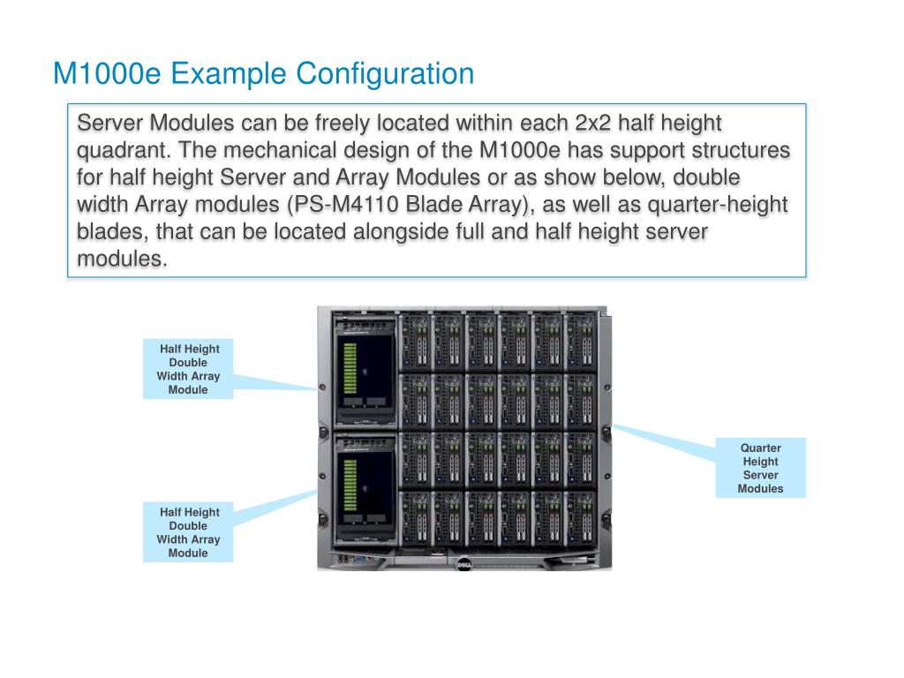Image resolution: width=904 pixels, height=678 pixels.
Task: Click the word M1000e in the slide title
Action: coord(107,73)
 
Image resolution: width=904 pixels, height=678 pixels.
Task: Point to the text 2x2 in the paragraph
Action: coord(599,122)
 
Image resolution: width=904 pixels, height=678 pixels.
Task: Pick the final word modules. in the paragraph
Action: coord(122,260)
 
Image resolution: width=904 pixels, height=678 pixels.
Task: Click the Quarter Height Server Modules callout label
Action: coord(760,468)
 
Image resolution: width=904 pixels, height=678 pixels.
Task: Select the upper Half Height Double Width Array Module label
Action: coord(188,369)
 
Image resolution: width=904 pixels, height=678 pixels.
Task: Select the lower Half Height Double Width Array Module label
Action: coord(188,532)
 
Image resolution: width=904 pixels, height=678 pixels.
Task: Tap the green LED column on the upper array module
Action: coord(350,369)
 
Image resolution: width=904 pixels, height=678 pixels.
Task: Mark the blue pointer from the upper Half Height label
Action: coord(274,381)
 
